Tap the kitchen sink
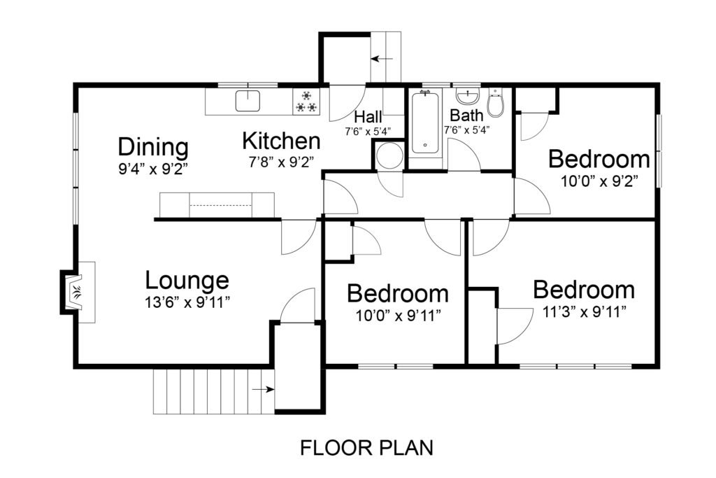pos(248,101)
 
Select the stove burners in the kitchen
pos(306,102)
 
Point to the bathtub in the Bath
pos(425,122)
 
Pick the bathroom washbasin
pos(468,96)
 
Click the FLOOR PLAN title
pos(366,448)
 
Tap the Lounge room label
pos(187,280)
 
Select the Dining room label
pos(153,147)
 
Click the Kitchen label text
pos(281,141)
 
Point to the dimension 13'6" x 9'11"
pos(187,302)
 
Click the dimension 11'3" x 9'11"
pos(584,312)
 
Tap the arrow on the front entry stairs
pos(263,389)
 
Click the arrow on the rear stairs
pos(382,59)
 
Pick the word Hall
pos(368,117)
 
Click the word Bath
pos(466,115)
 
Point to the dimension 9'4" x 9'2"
pos(153,169)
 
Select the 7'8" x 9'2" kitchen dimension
pos(281,162)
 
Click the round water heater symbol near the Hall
pos(389,156)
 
